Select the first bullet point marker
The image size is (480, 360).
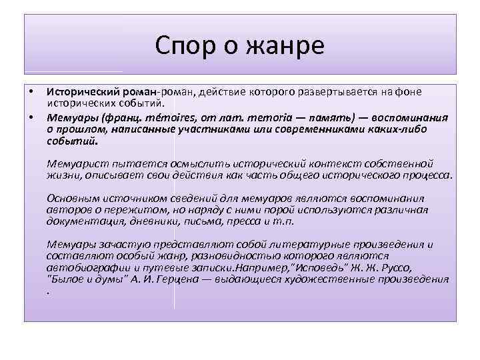click(31, 91)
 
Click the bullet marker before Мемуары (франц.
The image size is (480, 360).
click(31, 117)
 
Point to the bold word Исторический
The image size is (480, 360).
click(78, 91)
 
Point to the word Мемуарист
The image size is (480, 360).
click(76, 163)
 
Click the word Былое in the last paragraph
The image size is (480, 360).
click(65, 279)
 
